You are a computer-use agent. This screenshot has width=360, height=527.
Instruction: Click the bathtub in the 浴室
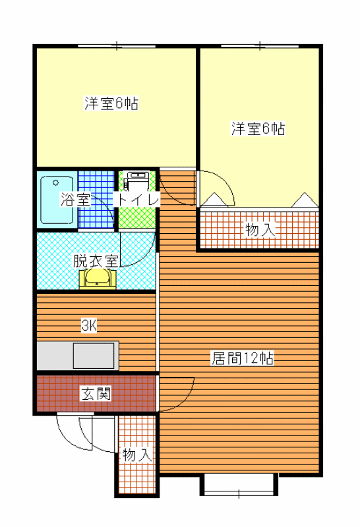point(57,200)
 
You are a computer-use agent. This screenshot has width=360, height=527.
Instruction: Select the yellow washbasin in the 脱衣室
point(98,278)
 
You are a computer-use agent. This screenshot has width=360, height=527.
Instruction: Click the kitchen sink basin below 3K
point(94,356)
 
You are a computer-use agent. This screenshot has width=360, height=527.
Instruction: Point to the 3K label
point(89,325)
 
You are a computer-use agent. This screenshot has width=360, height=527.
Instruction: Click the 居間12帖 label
point(242,358)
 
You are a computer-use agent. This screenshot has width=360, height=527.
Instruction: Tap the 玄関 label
point(96,393)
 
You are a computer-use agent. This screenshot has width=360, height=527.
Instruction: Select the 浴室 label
point(75,199)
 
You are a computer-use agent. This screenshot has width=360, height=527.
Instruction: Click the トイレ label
point(137,200)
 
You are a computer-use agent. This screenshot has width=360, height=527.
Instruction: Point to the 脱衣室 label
point(96,260)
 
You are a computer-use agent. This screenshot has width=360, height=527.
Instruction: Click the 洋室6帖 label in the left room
point(111,103)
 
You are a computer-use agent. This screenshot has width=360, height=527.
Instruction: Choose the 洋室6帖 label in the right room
point(258,128)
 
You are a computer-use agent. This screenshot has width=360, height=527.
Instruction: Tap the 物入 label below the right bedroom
point(260,230)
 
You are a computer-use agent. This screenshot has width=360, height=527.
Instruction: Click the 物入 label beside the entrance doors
point(137,455)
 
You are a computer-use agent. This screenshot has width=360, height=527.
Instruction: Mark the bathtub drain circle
point(56,183)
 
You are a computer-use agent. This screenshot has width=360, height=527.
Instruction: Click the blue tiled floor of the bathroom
point(96,200)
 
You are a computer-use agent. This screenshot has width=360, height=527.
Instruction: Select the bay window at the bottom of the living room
point(239,485)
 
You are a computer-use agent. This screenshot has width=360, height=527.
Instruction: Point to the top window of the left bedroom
point(117,45)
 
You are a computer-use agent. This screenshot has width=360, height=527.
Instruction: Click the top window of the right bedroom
point(260,45)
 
